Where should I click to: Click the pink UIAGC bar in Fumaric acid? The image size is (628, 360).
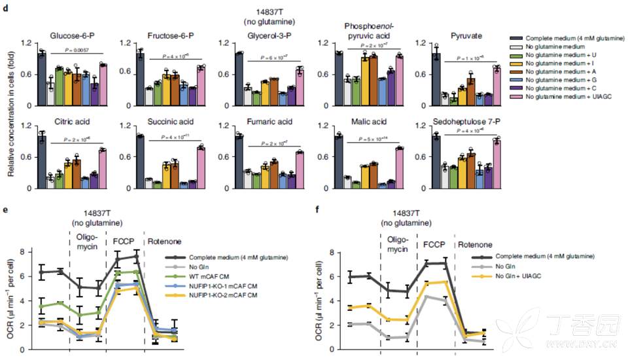tap(300, 170)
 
